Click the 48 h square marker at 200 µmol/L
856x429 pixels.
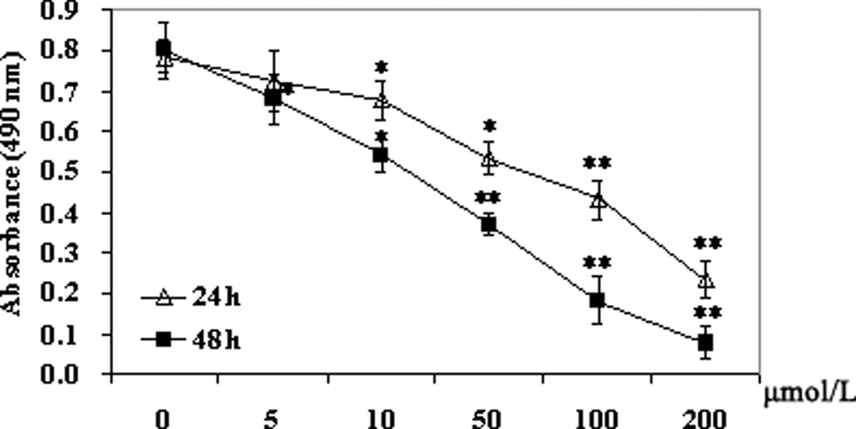pos(705,342)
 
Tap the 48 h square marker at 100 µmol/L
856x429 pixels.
pos(597,300)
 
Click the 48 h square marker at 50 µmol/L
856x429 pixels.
pos(489,224)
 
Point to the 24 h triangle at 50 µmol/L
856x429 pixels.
pos(489,159)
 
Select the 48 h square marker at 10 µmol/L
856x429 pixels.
pos(380,155)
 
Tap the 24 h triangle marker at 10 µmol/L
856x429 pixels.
pos(381,101)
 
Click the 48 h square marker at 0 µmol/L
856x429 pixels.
pos(164,48)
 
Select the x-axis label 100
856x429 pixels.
pos(597,419)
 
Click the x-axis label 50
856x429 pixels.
pos(487,419)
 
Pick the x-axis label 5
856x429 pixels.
pos(270,419)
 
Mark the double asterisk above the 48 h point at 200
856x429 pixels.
pos(708,313)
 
